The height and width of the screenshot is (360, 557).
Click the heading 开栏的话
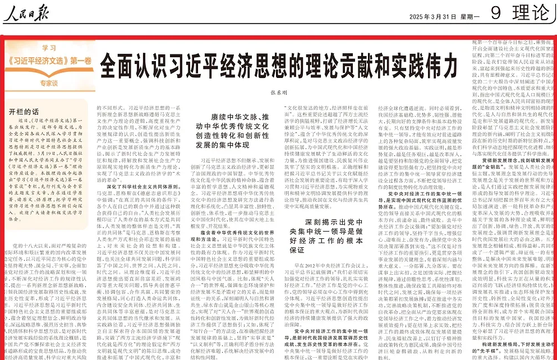click(x=24, y=112)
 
